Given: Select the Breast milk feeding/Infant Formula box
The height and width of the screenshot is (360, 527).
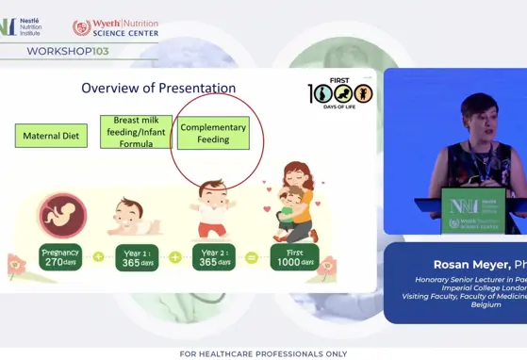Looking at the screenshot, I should point(136,133).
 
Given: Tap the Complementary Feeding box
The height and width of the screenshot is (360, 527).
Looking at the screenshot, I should point(213,134).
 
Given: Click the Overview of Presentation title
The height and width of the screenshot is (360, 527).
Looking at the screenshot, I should point(158,89).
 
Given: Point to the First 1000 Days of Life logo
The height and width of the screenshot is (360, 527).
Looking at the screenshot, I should point(340,91).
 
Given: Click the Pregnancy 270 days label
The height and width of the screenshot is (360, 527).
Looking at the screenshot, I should point(60,256).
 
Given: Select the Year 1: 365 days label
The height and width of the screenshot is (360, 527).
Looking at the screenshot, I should point(137,257).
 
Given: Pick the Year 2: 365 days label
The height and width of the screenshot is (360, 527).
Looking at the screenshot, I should point(213,257).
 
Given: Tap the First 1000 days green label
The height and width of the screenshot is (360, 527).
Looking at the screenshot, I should point(294,256).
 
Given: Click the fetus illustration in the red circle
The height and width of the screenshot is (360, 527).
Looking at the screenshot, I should point(62,213).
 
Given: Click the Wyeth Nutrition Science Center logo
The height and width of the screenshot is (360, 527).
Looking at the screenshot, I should point(115,27).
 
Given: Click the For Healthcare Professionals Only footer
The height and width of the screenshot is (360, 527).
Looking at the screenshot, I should point(263,353).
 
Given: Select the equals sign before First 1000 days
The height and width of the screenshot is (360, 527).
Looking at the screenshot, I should point(252,257).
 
